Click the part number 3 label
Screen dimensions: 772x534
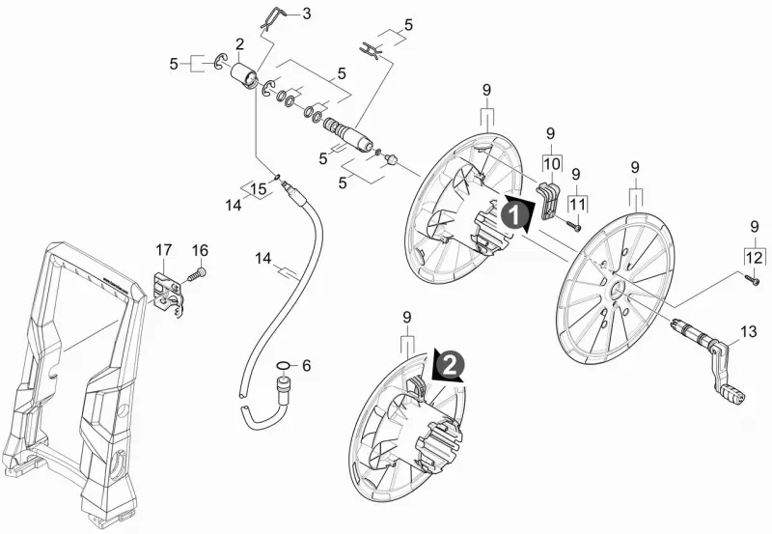point(307,14)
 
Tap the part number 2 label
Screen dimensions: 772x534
point(239,44)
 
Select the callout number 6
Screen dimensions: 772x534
point(306,366)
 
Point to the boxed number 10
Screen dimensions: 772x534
point(552,163)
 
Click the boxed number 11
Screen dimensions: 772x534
point(578,204)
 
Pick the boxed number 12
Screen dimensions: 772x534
point(755,257)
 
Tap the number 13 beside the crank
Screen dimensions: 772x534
point(749,331)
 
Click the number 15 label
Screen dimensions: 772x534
point(259,188)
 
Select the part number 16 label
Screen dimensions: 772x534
point(200,250)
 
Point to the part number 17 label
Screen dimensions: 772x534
point(163,250)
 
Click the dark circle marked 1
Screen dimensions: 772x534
point(513,215)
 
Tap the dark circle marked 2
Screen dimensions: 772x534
point(450,365)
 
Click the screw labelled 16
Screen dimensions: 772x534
point(197,273)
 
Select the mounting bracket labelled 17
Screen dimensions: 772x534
point(168,295)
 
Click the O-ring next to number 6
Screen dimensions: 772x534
point(283,366)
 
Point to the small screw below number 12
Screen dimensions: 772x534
point(754,279)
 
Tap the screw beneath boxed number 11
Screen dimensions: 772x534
point(572,225)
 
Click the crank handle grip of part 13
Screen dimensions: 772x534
point(732,392)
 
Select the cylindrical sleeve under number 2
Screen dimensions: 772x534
point(244,75)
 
